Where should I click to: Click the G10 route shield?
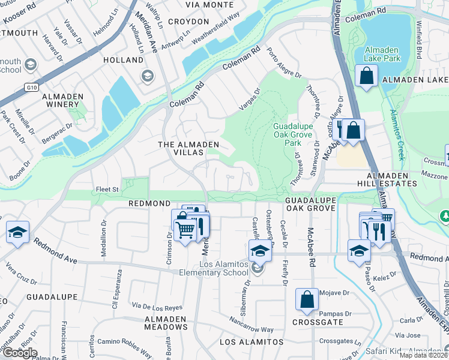pos(31,88)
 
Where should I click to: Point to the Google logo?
pos(19,353)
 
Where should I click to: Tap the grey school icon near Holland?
pos(146,76)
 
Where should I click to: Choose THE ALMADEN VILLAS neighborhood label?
pos(187,145)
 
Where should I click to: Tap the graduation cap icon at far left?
pos(17,232)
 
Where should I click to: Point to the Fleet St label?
pos(109,190)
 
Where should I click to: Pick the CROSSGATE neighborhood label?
pos(318,322)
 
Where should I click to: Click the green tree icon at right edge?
pos(445,215)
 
